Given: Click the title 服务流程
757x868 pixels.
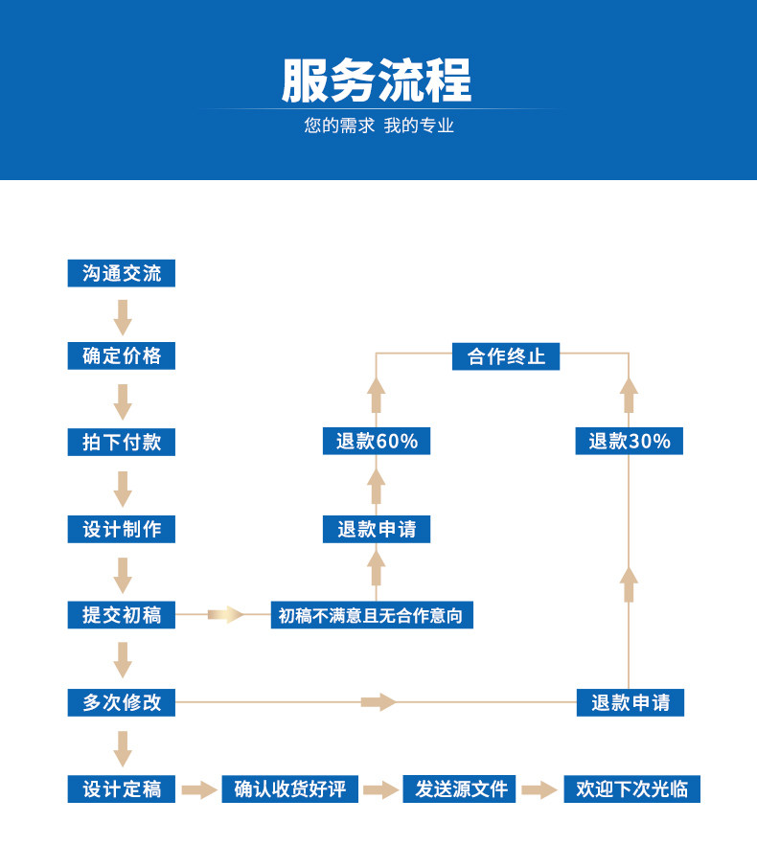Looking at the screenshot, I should (377, 81).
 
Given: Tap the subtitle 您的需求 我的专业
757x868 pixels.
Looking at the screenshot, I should (378, 126).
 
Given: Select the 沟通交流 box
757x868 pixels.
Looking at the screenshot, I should (122, 273).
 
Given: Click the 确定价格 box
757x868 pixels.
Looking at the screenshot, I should (122, 356).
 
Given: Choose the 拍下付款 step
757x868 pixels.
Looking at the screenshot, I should (122, 442).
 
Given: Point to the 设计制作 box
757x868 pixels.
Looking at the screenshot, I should (122, 529).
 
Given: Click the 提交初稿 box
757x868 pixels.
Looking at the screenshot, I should (122, 615).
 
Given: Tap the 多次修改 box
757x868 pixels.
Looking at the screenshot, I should (122, 702).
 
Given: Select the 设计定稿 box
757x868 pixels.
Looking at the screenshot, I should (122, 789).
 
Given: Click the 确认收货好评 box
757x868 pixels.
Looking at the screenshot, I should (290, 789).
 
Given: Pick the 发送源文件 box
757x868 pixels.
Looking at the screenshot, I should (459, 789).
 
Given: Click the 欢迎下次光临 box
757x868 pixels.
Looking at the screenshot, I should (631, 789).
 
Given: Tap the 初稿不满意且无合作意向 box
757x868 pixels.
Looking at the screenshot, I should (371, 615).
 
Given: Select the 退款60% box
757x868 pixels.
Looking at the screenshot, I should (377, 442).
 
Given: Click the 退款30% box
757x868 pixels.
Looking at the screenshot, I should (630, 442).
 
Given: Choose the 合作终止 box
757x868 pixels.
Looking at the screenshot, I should (506, 356).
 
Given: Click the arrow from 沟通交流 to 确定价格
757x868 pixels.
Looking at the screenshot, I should (123, 316).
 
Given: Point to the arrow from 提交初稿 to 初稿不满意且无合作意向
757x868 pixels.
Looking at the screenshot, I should (226, 614).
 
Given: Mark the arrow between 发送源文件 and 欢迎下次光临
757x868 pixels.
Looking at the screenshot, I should (539, 789).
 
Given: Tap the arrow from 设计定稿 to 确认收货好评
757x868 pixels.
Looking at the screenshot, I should (199, 789).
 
